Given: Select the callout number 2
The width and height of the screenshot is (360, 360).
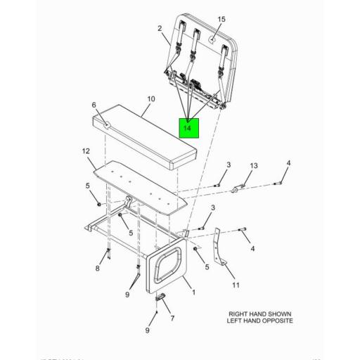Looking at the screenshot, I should (x=160, y=29).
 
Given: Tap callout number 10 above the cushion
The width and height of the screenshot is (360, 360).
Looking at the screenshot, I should (x=148, y=100).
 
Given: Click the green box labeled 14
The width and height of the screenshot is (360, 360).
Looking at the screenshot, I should (x=187, y=129).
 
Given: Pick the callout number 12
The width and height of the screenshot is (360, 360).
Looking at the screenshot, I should (x=86, y=151).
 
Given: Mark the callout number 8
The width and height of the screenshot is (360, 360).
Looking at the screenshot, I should (x=98, y=269).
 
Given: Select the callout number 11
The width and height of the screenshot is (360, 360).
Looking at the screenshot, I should (x=236, y=285).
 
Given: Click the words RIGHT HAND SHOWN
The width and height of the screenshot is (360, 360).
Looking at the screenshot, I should (x=259, y=314).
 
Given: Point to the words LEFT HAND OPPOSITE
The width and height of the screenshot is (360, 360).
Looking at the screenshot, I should (x=259, y=321).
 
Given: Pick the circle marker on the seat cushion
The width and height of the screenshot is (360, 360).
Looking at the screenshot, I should (x=107, y=124).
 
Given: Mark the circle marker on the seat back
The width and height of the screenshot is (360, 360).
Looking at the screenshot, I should (x=212, y=41).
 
